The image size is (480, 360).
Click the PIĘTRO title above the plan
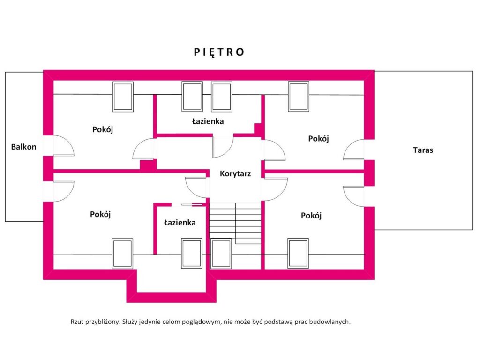click(219, 52)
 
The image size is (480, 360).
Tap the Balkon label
click(23, 147)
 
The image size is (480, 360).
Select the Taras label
click(423, 150)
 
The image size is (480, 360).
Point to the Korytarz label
click(235, 174)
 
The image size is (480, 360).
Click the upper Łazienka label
click(208, 121)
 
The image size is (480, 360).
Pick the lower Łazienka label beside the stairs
click(180, 223)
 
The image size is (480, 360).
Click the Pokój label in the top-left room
click(103, 129)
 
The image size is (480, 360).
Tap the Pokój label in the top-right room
click(319, 139)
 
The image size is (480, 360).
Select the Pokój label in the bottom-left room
click(100, 214)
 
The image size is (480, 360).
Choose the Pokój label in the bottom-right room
click(311, 216)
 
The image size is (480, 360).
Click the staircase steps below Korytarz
click(235, 223)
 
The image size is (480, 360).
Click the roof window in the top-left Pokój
click(123, 97)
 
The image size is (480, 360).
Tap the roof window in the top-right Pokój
click(299, 97)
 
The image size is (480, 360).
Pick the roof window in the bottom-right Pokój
click(298, 254)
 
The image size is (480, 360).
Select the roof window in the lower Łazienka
click(192, 254)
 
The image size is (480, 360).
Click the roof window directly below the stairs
click(221, 254)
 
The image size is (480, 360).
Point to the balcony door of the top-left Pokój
click(63, 146)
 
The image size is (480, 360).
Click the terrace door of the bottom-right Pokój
click(353, 196)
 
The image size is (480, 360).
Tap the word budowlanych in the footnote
click(330, 322)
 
